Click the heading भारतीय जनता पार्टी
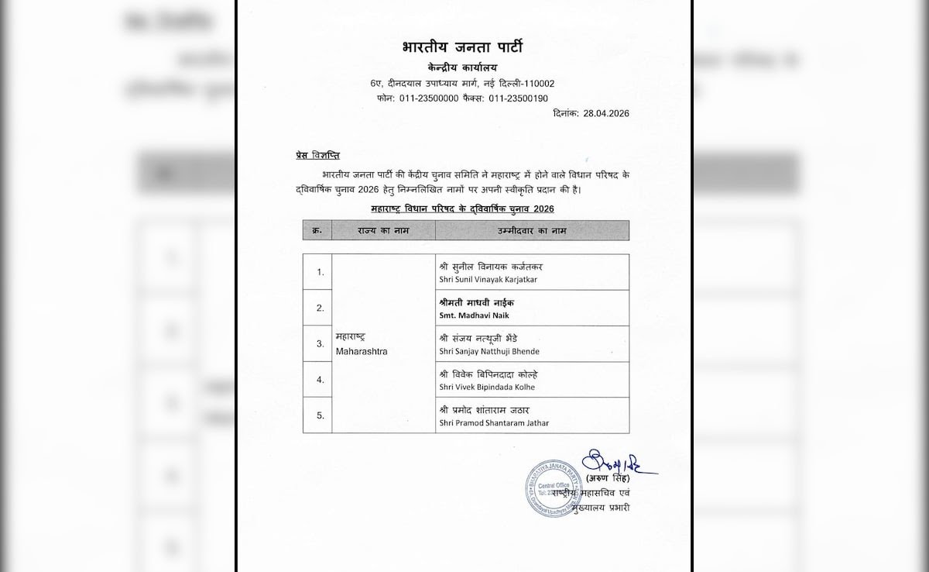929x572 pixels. pos(462,48)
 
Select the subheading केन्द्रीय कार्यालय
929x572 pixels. pos(462,68)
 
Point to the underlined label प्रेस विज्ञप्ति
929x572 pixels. pos(317,156)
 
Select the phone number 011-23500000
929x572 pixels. pos(429,98)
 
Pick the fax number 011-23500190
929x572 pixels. pos(518,98)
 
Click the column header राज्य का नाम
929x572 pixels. pos(383,230)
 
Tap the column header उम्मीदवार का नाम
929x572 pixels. pos(532,230)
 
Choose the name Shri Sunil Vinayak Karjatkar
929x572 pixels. pos(488,279)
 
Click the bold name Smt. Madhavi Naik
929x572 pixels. pos(474,315)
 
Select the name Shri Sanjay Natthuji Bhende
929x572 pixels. pos(488,351)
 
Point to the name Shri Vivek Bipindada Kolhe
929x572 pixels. pos(486,387)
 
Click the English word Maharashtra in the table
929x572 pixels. pos(362,351)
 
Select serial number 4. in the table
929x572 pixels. pos(320,380)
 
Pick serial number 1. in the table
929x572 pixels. pos(320,272)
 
